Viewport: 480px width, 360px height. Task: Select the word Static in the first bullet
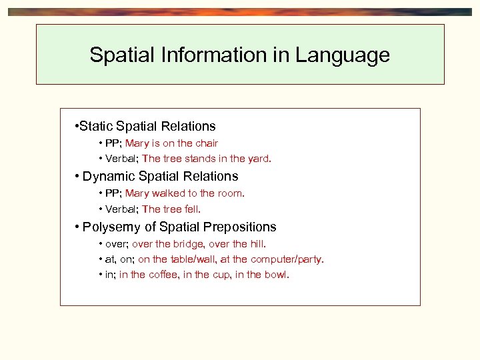[97, 126]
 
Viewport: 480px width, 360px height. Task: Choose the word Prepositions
[239, 227]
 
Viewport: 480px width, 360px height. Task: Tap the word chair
[206, 143]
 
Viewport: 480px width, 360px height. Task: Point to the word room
[231, 193]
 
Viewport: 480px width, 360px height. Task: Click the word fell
[191, 209]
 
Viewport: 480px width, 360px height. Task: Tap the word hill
[256, 244]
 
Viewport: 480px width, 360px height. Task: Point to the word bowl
[277, 275]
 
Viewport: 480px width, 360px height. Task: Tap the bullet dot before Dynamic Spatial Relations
[78, 177]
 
